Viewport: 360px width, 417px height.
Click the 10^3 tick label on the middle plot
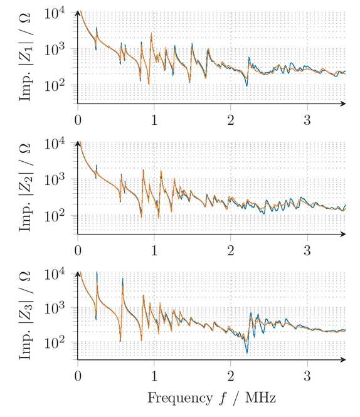pos(60,179)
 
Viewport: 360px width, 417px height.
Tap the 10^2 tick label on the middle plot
pos(60,215)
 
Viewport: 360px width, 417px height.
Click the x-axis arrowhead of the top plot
pos(342,103)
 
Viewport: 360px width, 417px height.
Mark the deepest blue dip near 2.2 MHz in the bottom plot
pos(247,352)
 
